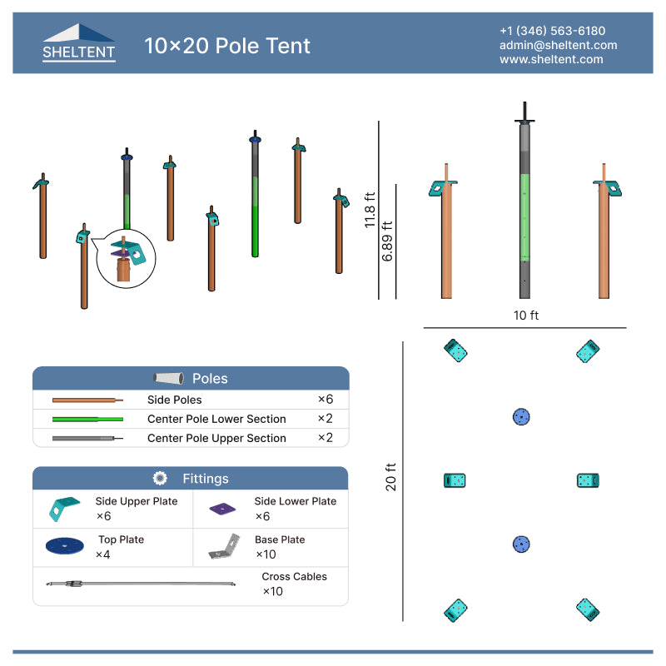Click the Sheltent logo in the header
pyautogui.click(x=79, y=43)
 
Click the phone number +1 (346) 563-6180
pyautogui.click(x=552, y=31)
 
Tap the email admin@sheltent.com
pyautogui.click(x=558, y=45)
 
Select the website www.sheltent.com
pyautogui.click(x=551, y=59)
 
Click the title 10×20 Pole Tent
pyautogui.click(x=227, y=45)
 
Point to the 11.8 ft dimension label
pyautogui.click(x=369, y=210)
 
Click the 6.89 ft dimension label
pyautogui.click(x=387, y=242)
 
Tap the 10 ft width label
pyautogui.click(x=526, y=316)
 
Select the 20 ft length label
pyautogui.click(x=390, y=480)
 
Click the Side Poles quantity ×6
pyautogui.click(x=325, y=400)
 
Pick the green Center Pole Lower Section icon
pyautogui.click(x=87, y=419)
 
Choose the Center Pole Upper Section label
pyautogui.click(x=216, y=438)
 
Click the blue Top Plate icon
pyautogui.click(x=65, y=545)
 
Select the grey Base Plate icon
pyautogui.click(x=225, y=546)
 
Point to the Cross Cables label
pyautogui.click(x=294, y=576)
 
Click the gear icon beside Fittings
pyautogui.click(x=161, y=478)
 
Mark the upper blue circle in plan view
pyautogui.click(x=521, y=416)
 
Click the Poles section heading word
pyautogui.click(x=210, y=378)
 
